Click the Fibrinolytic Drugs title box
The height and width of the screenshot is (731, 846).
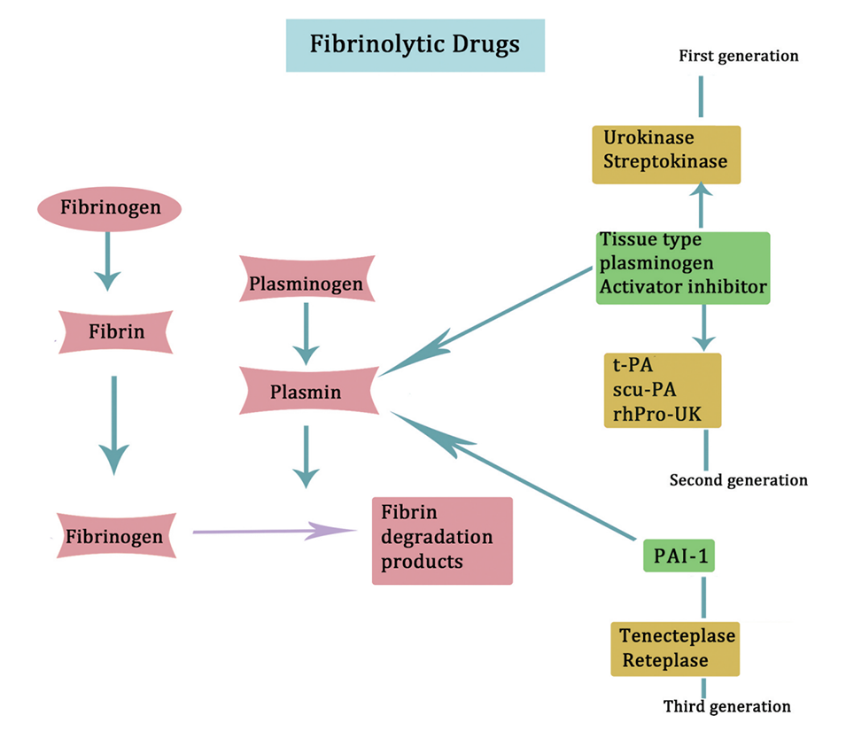point(415,45)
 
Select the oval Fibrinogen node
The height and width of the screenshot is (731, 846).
point(110,209)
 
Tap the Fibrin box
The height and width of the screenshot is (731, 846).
point(115,334)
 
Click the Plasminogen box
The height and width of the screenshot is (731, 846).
point(306,284)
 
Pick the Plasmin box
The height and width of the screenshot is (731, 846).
point(307,391)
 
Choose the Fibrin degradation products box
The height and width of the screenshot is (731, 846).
point(442,540)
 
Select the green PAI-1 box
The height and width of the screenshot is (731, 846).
point(679,557)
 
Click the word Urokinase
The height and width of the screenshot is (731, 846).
point(648,138)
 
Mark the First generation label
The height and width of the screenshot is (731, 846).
point(739,56)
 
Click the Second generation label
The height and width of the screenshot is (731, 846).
point(739,480)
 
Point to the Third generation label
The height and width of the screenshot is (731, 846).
point(726,706)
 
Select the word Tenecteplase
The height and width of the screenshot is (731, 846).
point(678,635)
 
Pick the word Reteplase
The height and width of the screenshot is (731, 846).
point(665,660)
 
